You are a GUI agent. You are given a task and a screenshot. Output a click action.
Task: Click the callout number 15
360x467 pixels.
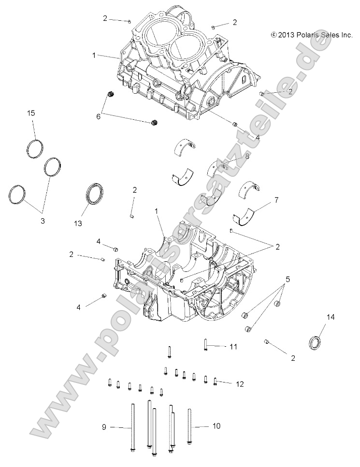31,113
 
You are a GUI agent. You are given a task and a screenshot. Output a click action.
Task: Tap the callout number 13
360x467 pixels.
78,223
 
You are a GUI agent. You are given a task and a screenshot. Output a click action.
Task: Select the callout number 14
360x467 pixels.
331,317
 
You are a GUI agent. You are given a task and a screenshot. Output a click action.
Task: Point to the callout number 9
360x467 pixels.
104,426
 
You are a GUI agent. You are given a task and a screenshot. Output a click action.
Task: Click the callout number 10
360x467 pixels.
216,426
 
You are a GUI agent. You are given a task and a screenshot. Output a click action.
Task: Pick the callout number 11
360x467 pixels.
233,347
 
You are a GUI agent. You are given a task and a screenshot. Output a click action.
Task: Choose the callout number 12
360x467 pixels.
239,384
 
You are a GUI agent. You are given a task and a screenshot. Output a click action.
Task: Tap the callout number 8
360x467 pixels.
247,156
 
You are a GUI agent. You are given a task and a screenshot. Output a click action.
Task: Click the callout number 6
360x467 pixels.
99,116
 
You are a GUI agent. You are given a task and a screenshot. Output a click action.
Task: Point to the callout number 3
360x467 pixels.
42,221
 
